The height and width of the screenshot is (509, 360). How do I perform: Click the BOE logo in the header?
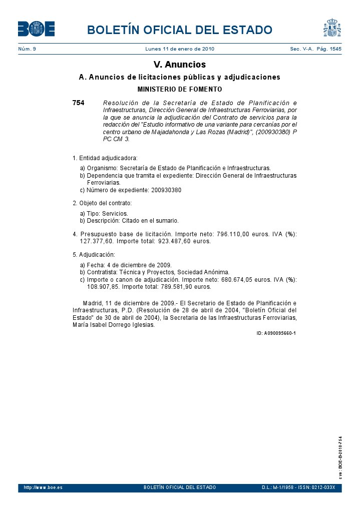pyautogui.click(x=36, y=29)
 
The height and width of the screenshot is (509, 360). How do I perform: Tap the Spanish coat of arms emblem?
pyautogui.click(x=332, y=28)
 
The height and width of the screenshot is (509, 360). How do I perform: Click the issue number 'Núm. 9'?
pyautogui.click(x=27, y=49)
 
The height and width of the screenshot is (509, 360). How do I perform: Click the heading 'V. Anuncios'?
pyautogui.click(x=179, y=65)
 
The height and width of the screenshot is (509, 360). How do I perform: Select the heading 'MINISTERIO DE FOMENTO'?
pyautogui.click(x=179, y=90)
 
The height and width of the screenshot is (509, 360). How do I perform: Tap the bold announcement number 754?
pyautogui.click(x=78, y=103)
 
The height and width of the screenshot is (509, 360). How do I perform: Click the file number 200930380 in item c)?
pyautogui.click(x=166, y=190)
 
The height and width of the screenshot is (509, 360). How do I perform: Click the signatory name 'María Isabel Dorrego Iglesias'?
pyautogui.click(x=114, y=324)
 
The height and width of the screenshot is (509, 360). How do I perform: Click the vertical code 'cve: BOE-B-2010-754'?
pyautogui.click(x=340, y=458)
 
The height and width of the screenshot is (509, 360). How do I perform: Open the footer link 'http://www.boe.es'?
pyautogui.click(x=43, y=487)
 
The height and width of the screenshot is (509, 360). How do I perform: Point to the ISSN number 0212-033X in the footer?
pyautogui.click(x=323, y=487)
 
